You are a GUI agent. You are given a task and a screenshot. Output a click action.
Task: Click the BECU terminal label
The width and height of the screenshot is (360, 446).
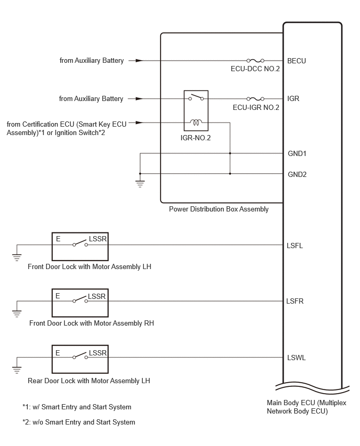[x=297, y=61]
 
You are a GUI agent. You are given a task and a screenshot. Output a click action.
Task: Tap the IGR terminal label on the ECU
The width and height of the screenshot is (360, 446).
[x=293, y=98]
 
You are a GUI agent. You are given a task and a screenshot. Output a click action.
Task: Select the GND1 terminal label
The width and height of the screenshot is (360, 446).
[x=297, y=153]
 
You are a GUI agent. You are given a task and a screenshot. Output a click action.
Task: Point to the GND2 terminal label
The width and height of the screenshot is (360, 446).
[x=297, y=174]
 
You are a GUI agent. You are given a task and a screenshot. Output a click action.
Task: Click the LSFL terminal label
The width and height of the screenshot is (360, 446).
[x=295, y=246]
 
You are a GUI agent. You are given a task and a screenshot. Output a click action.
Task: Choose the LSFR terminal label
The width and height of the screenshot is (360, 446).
[x=295, y=301]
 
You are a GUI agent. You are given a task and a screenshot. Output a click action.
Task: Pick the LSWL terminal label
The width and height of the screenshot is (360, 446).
[x=296, y=358]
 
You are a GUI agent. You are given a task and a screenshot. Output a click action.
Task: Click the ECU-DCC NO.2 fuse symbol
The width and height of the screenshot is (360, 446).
[x=255, y=60]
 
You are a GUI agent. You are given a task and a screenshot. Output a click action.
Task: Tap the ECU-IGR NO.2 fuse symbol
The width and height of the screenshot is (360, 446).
[x=255, y=99]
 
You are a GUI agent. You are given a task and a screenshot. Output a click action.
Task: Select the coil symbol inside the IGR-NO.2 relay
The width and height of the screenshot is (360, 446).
[x=196, y=122]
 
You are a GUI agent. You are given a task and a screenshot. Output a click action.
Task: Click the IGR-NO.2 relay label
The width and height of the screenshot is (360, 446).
[x=196, y=138]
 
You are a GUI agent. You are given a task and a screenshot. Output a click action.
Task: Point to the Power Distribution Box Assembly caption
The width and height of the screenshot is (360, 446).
[x=219, y=209]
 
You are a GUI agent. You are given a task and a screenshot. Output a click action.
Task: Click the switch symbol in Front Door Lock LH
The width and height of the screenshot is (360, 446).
[x=80, y=243]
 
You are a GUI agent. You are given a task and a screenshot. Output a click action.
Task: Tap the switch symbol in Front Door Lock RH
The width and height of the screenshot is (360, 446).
[x=80, y=299]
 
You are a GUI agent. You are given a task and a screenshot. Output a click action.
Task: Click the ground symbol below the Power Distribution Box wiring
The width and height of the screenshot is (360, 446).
[x=140, y=184]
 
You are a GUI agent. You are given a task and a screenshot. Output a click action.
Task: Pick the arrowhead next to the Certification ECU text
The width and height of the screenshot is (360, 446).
[x=139, y=122]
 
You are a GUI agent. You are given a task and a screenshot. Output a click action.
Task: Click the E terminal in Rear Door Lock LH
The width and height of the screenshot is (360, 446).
[x=58, y=353]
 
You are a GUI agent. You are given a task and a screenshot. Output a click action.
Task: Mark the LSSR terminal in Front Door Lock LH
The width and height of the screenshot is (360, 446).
[x=98, y=239]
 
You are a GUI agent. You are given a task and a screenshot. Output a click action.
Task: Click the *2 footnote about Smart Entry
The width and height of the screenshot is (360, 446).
[x=79, y=422]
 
